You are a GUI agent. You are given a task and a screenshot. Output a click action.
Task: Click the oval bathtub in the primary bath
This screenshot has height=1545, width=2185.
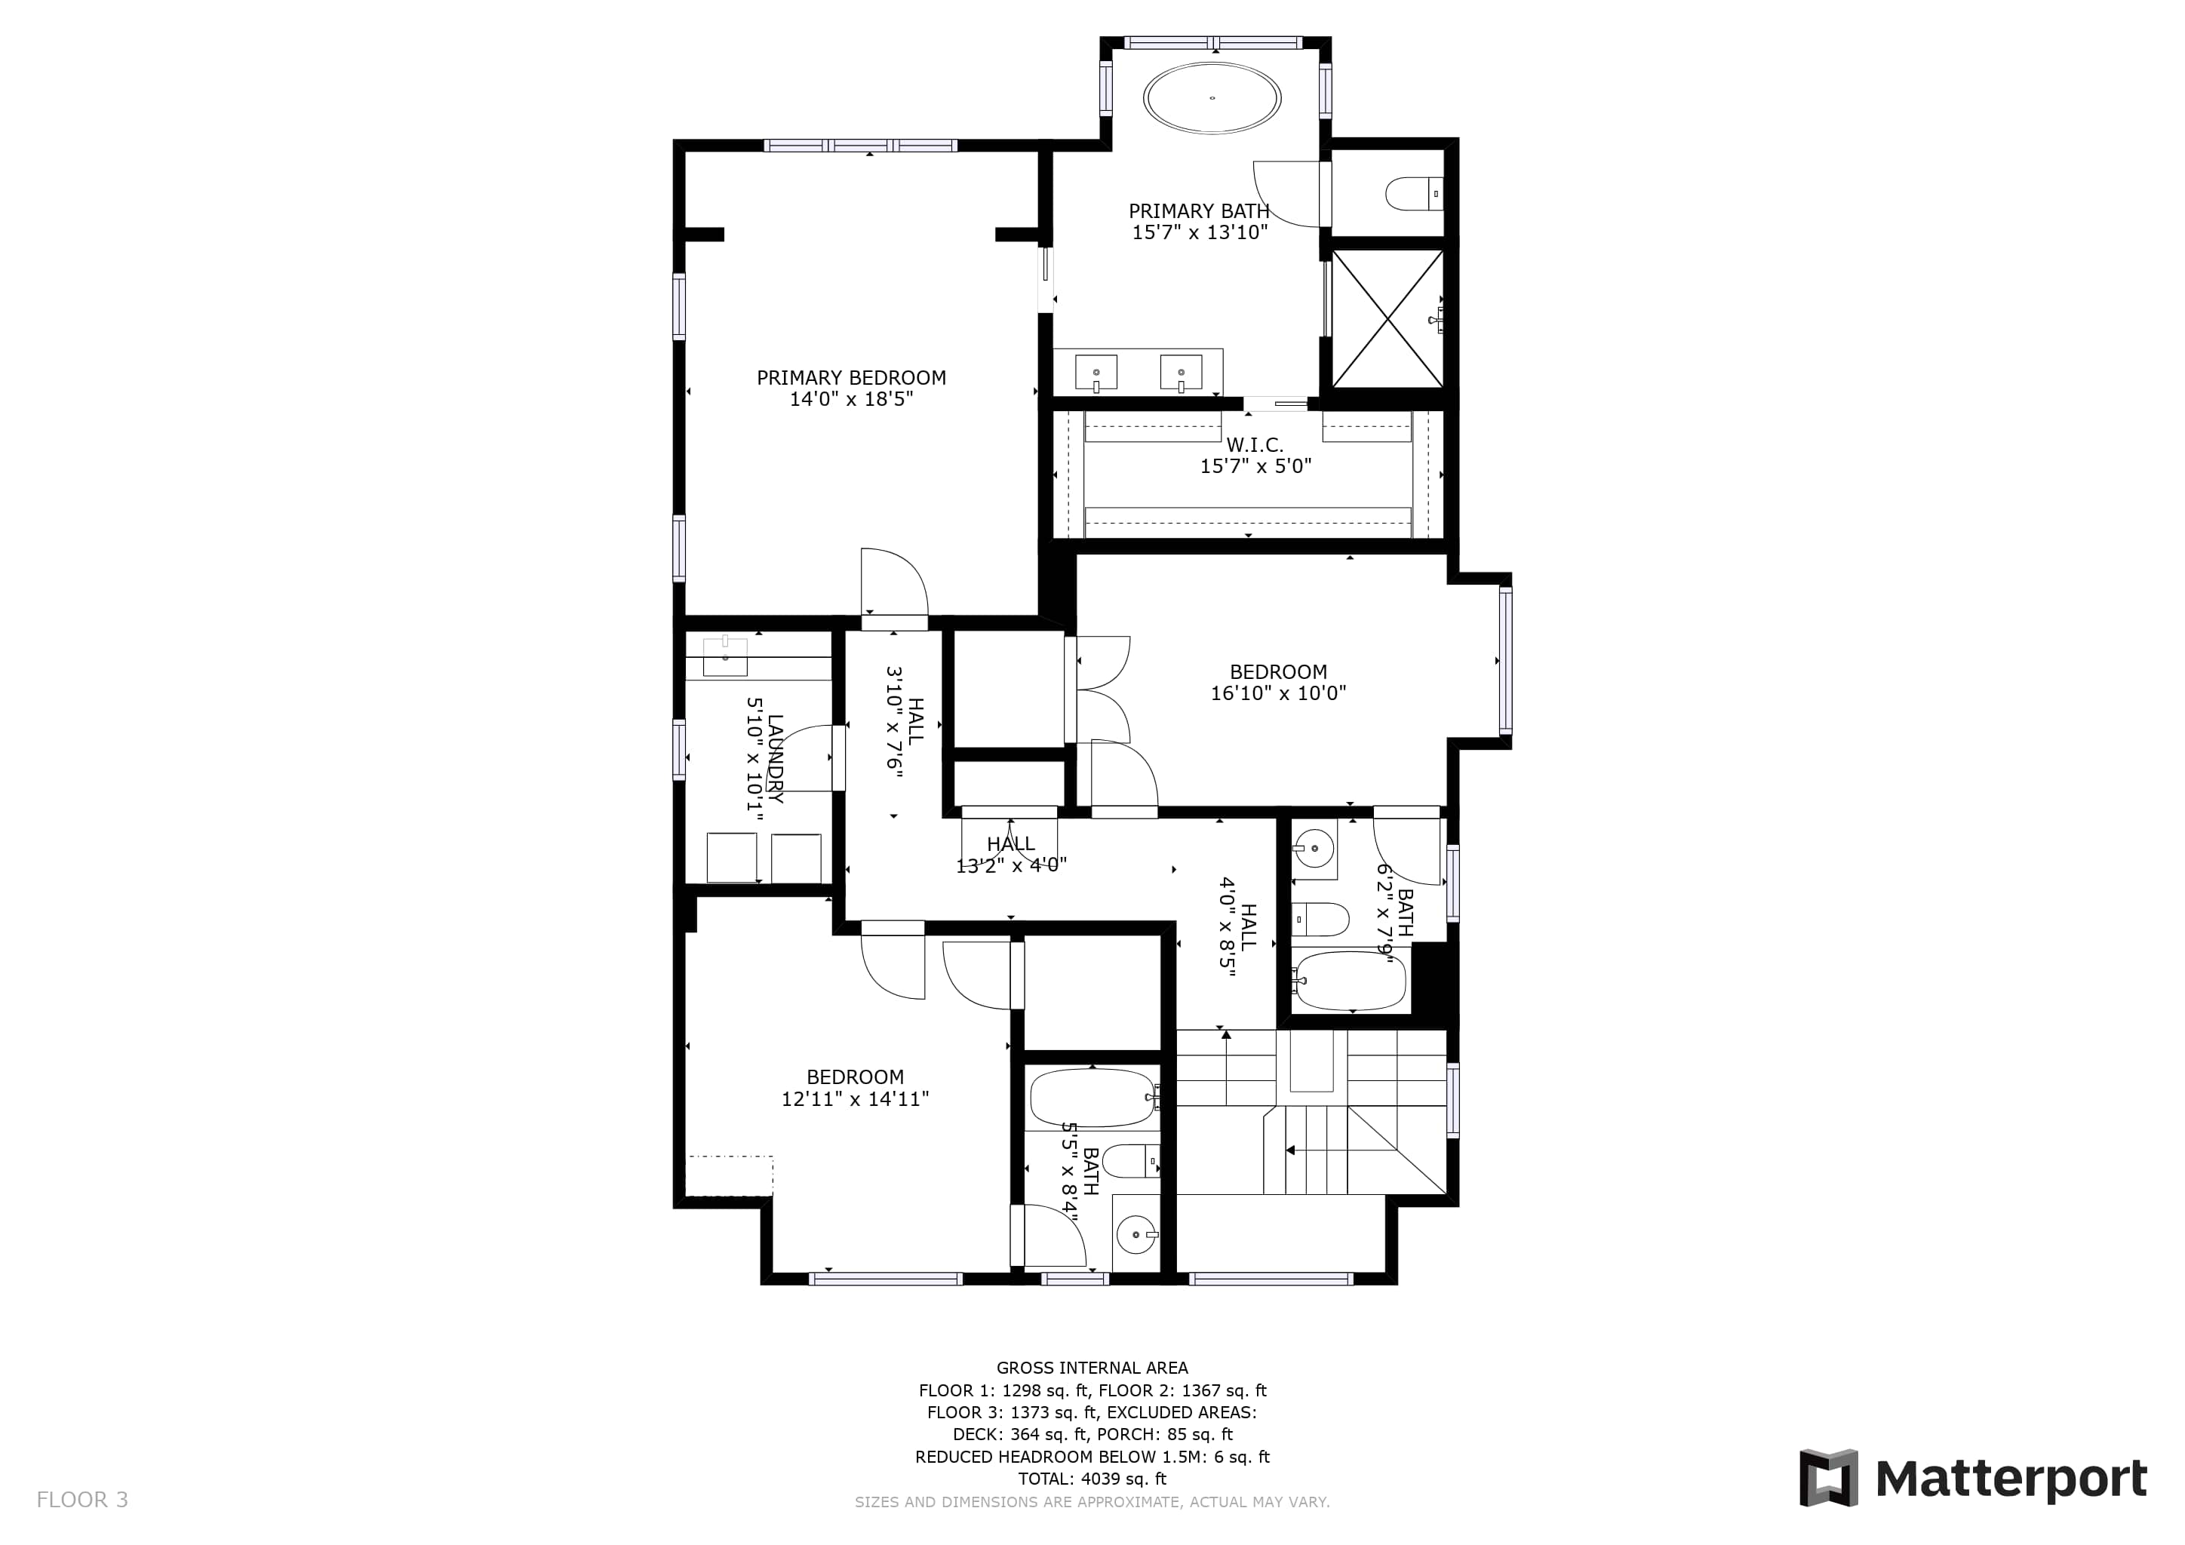pyautogui.click(x=1212, y=97)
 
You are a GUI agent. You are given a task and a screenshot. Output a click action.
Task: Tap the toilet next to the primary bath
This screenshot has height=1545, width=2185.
pyautogui.click(x=1414, y=194)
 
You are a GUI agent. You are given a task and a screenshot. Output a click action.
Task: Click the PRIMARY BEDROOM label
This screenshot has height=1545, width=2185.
pyautogui.click(x=851, y=378)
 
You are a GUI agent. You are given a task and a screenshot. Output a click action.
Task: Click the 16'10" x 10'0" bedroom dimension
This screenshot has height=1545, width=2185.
pyautogui.click(x=1278, y=693)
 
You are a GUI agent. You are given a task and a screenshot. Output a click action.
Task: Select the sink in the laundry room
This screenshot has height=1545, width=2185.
pyautogui.click(x=725, y=656)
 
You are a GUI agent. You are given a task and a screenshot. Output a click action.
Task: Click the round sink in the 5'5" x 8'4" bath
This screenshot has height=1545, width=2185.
pyautogui.click(x=1136, y=1236)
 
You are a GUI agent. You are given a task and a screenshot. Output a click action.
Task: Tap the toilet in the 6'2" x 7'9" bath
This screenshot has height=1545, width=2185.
pyautogui.click(x=1321, y=919)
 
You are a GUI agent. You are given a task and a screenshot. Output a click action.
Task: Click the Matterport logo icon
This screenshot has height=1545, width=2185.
pyautogui.click(x=1828, y=1477)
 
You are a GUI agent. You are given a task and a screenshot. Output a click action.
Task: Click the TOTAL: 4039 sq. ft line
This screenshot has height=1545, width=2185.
pyautogui.click(x=1092, y=1479)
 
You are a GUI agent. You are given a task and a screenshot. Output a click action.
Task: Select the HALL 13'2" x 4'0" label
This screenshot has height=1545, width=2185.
pyautogui.click(x=1011, y=854)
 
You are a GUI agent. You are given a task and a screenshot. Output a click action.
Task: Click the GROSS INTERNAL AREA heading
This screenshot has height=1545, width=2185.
pyautogui.click(x=1092, y=1368)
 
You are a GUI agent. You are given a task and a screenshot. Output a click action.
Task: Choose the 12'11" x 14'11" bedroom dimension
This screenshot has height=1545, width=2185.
pyautogui.click(x=855, y=1099)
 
